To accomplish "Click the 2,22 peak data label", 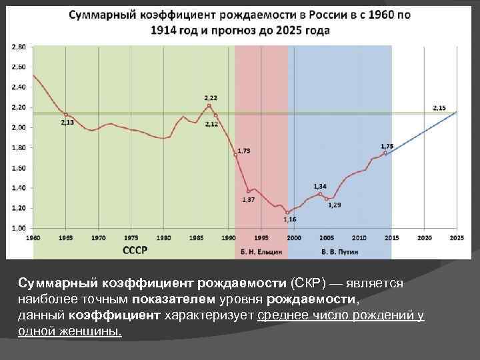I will [x=211, y=98].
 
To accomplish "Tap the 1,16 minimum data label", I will [x=289, y=219].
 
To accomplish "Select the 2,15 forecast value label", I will [x=439, y=107].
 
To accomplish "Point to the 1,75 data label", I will [x=387, y=146].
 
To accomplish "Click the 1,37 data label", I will [x=248, y=199].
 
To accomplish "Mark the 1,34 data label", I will [x=320, y=186].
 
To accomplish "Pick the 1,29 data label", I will [x=334, y=205].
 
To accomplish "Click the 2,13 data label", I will [x=67, y=123].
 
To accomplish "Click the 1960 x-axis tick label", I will [x=33, y=237].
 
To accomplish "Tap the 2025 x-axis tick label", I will [x=457, y=237].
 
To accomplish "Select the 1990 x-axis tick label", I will [x=229, y=237].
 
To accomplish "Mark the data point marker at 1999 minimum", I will [x=288, y=213].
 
